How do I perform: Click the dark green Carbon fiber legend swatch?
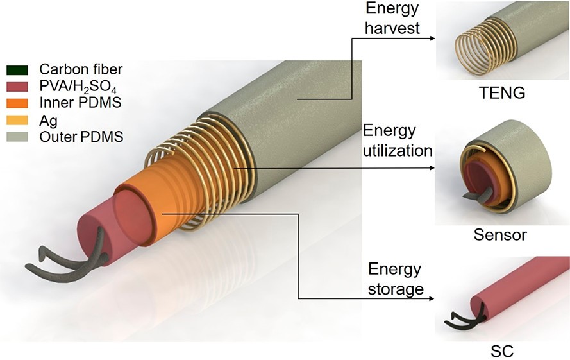[17, 70]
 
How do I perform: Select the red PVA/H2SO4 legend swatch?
[17, 87]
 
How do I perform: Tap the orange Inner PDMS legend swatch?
[17, 103]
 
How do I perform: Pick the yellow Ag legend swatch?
[17, 120]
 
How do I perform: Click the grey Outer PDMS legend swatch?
[17, 137]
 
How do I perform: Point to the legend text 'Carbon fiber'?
[81, 69]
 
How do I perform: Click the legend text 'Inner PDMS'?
[80, 102]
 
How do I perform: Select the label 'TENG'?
[501, 93]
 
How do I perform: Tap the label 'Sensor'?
[500, 235]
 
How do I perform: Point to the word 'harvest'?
[392, 28]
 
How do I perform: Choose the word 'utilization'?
[398, 151]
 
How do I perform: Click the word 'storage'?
[396, 289]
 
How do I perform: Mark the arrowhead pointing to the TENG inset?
[432, 38]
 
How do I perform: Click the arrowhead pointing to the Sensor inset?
[432, 167]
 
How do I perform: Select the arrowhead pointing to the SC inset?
[432, 298]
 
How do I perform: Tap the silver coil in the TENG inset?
[473, 53]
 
